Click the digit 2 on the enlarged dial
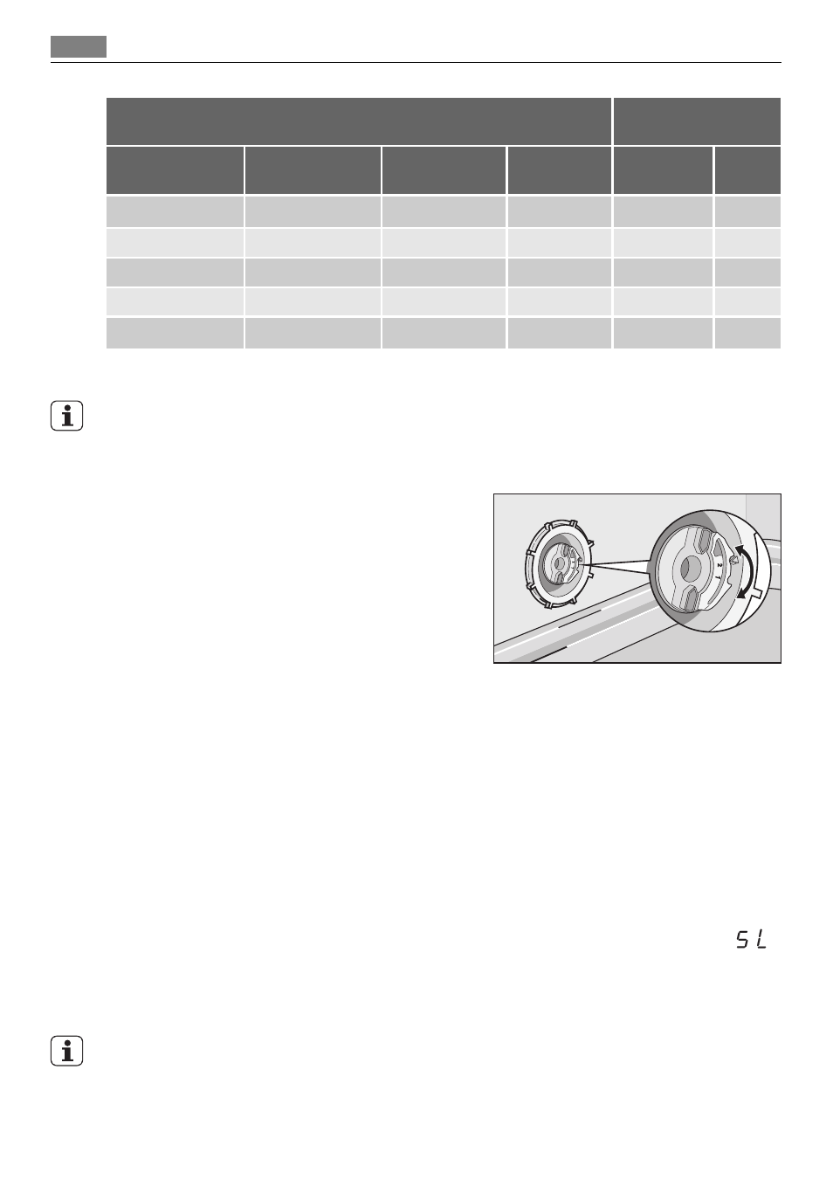[x=719, y=565]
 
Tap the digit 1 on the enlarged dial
[x=717, y=576]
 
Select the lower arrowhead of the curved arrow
[x=740, y=594]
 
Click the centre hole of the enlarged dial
[x=686, y=569]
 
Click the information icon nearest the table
[x=67, y=416]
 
